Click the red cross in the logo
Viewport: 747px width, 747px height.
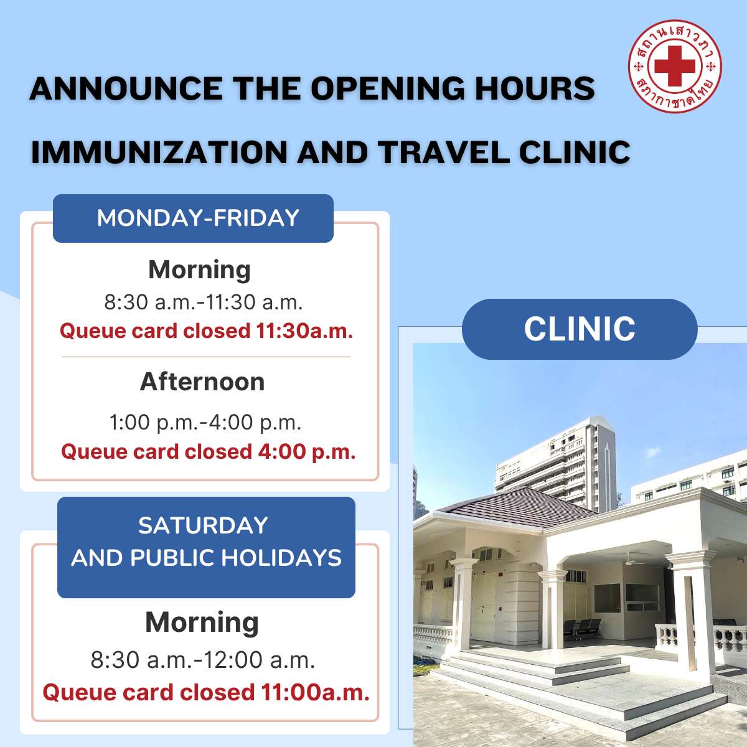[675, 66]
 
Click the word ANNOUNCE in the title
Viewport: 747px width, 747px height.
[126, 88]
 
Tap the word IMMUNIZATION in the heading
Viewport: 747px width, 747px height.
[159, 152]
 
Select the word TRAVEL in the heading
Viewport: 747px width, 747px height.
[444, 152]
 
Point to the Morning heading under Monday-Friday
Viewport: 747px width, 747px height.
[199, 270]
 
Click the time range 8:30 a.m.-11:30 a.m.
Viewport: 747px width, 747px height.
[203, 302]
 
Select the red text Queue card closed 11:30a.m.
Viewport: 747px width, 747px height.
[206, 331]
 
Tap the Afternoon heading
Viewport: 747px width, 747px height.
[202, 382]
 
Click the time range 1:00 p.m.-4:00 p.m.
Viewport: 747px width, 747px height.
[205, 422]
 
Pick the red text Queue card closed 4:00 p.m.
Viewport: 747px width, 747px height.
[208, 451]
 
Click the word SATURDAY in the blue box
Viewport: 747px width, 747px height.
[203, 525]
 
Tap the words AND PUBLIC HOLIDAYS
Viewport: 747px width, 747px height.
[206, 558]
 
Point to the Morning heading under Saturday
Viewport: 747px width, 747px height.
[202, 622]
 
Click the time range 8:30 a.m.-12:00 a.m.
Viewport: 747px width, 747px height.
[203, 660]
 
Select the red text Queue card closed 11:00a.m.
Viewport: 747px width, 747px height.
[206, 692]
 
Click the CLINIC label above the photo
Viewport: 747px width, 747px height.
[580, 329]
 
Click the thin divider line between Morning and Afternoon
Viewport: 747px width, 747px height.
[206, 357]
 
